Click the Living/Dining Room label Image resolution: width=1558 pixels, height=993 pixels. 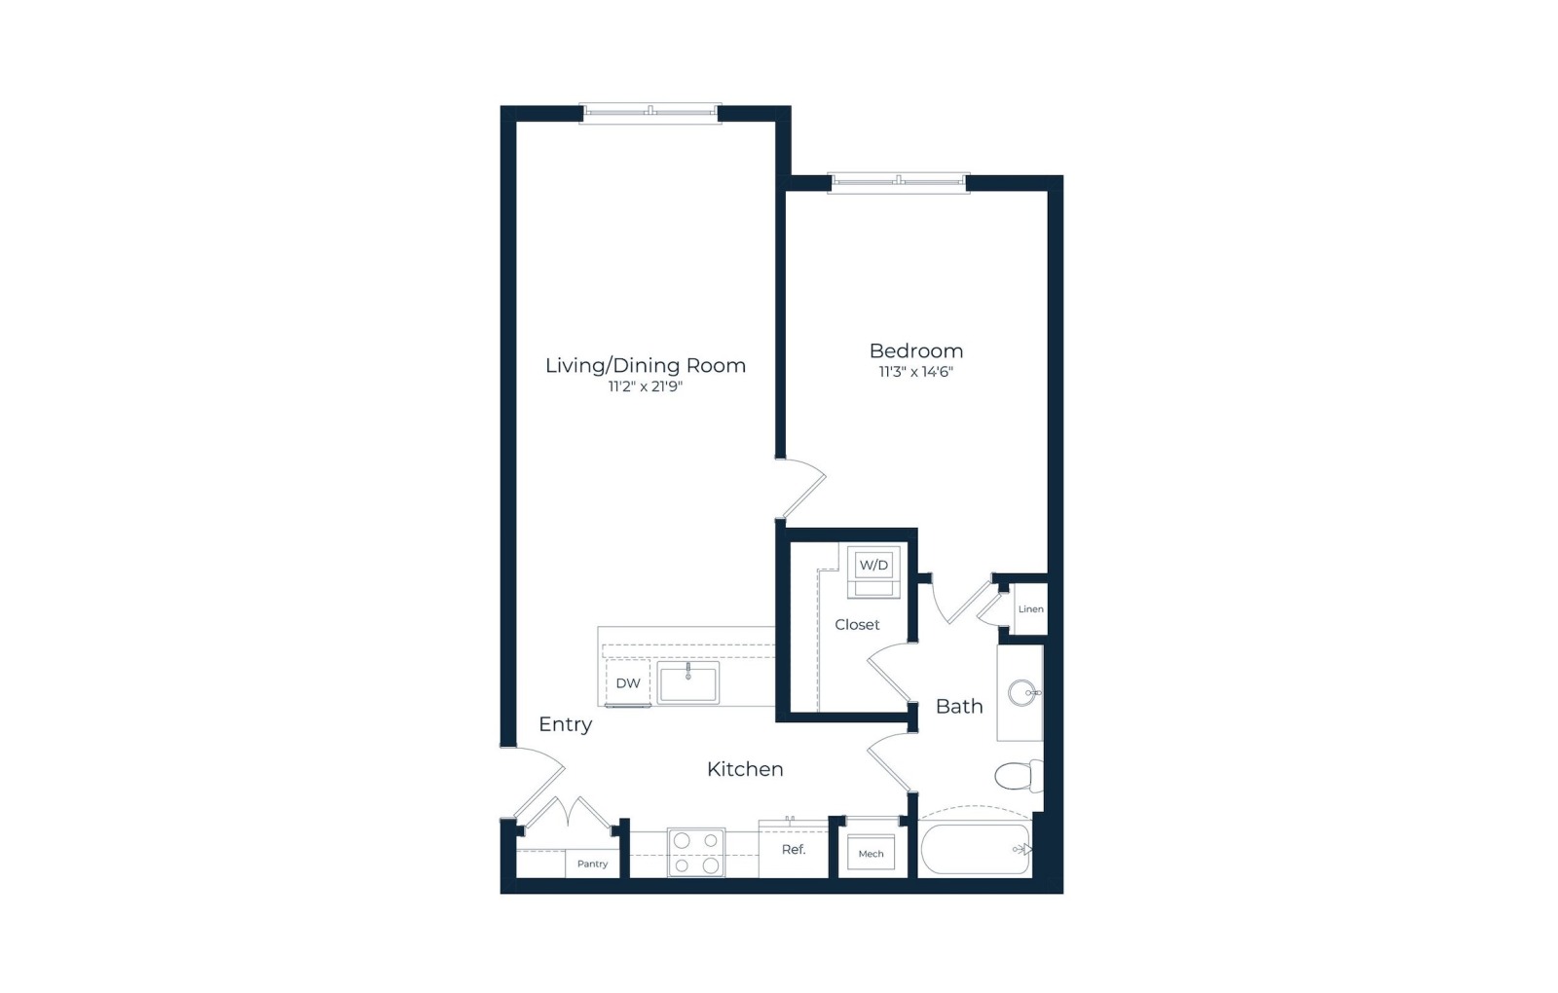[645, 366]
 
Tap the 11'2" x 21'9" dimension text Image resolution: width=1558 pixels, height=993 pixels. [646, 386]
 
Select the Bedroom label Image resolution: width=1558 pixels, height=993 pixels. [916, 350]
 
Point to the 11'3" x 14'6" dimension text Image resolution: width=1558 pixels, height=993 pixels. [915, 372]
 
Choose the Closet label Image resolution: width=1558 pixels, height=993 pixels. [857, 624]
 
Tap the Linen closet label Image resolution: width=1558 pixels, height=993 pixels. [1030, 609]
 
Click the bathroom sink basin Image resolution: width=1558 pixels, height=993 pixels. [1021, 692]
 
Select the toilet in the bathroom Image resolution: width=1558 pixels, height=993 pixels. [1019, 776]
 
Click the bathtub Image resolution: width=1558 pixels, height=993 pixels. [975, 849]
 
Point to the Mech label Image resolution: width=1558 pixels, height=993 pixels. [871, 854]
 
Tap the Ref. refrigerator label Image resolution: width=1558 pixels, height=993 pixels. [793, 849]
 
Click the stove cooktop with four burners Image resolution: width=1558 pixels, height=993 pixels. [695, 852]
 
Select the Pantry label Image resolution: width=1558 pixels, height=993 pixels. [593, 864]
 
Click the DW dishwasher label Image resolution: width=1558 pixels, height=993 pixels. [628, 683]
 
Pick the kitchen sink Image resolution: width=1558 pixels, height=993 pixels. [687, 682]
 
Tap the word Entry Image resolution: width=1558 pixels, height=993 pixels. [566, 724]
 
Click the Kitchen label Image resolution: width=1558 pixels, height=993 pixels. [745, 769]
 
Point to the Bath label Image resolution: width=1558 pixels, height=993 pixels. [959, 707]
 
